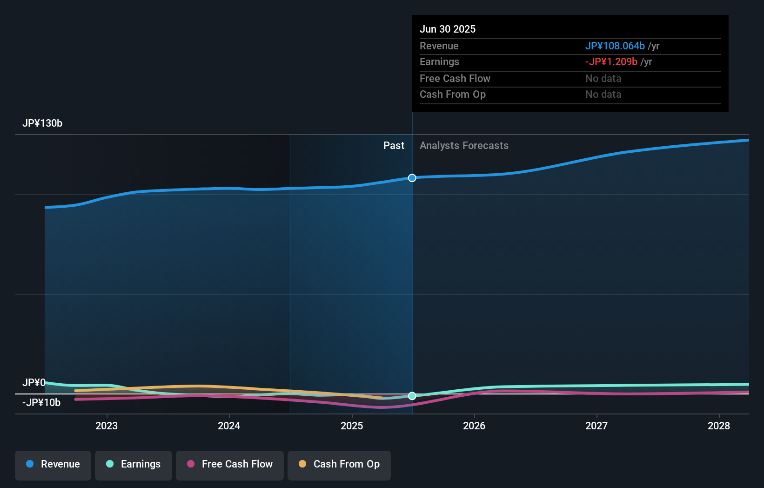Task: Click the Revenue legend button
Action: [53, 465]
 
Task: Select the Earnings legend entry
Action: [134, 465]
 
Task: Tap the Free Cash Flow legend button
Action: [230, 465]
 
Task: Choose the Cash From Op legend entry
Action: [339, 465]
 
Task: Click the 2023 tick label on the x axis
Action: [107, 426]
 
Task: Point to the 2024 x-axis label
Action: [229, 426]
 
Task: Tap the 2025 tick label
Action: [352, 426]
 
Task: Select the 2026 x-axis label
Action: [474, 426]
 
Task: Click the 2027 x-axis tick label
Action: [596, 426]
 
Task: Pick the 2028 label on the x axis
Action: [719, 426]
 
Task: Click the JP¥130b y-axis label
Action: [42, 123]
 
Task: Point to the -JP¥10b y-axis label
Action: [41, 403]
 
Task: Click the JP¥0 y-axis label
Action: [34, 383]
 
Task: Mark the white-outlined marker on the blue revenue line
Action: [412, 178]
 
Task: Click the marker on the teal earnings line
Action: [412, 396]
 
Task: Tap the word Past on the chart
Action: [394, 146]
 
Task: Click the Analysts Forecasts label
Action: [464, 146]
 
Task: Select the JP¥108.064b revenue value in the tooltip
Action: [615, 46]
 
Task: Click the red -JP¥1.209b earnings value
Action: [611, 62]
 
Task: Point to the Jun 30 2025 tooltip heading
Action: [448, 29]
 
